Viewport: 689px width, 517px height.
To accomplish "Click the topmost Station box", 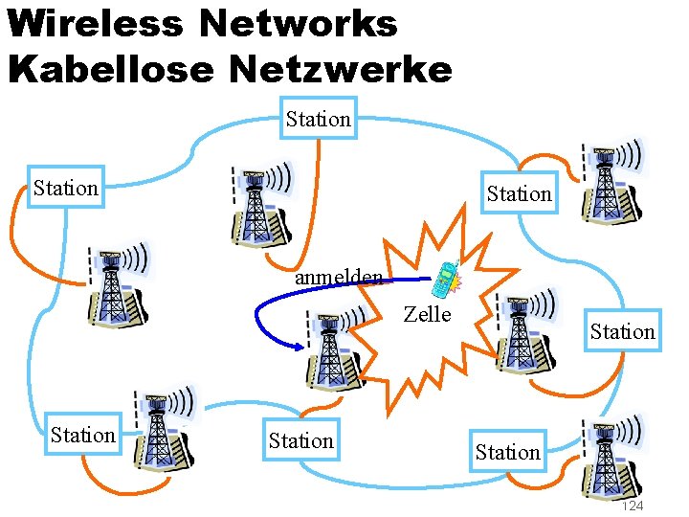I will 319,119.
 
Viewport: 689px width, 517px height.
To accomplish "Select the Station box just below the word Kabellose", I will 65,188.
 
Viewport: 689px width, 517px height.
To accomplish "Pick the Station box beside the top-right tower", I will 519,193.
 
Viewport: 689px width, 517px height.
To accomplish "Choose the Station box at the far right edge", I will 622,331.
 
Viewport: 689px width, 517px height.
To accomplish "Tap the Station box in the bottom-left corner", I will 83,435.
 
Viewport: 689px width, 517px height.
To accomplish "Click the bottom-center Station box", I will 301,440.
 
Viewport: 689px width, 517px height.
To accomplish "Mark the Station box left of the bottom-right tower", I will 507,452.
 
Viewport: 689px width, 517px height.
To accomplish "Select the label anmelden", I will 339,278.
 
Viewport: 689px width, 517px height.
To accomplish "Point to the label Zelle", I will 427,314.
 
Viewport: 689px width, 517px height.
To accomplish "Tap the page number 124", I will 633,506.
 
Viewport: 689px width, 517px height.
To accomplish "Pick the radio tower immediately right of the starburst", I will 519,333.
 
